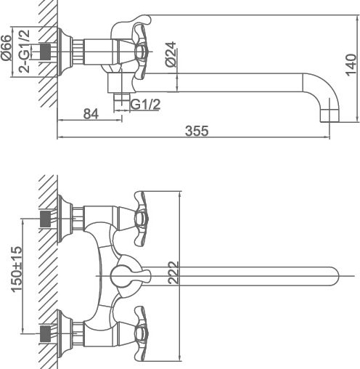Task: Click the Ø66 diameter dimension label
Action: (7, 48)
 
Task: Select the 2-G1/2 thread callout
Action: (25, 52)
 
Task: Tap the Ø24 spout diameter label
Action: (171, 54)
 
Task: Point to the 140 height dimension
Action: (351, 65)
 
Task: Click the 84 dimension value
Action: (91, 114)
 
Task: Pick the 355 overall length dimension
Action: (197, 131)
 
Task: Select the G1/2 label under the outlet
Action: (145, 105)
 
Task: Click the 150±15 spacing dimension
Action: (17, 269)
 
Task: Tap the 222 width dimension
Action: (173, 272)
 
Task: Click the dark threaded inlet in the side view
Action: (45, 52)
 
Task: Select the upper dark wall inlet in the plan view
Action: (45, 219)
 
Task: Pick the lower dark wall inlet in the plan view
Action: (45, 333)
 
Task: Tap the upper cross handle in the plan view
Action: (141, 219)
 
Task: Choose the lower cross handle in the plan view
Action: (141, 333)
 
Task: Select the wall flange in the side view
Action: (65, 52)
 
